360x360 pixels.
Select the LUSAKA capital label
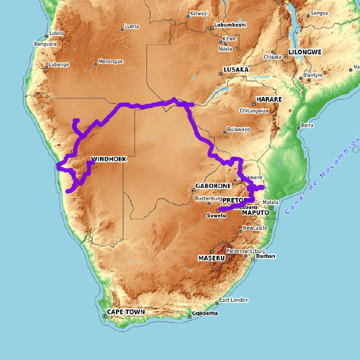(x=236, y=70)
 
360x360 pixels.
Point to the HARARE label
(x=269, y=99)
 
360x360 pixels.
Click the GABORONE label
(x=209, y=186)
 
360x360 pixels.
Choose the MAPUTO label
(x=258, y=212)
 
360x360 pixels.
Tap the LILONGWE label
(x=305, y=52)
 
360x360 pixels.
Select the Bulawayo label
(x=238, y=130)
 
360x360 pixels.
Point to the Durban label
(x=265, y=256)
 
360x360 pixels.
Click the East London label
(x=233, y=300)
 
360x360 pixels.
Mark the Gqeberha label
(x=205, y=314)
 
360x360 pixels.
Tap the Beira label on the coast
(x=307, y=125)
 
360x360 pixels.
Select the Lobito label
(x=56, y=33)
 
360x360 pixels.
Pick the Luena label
(x=131, y=26)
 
